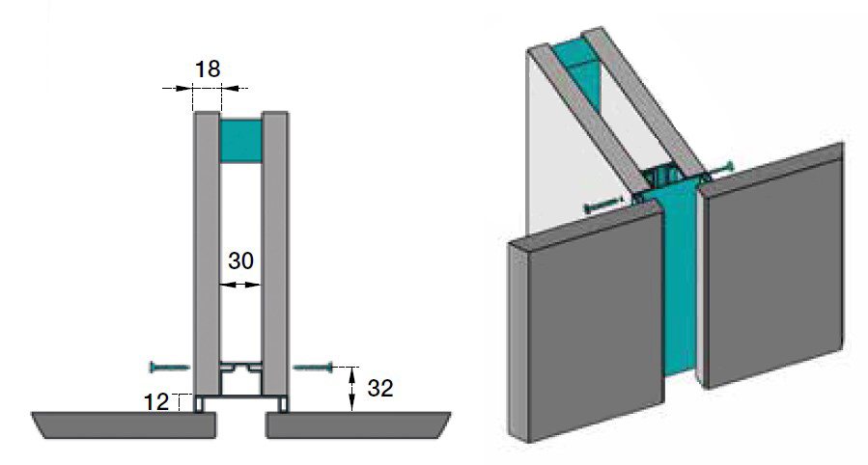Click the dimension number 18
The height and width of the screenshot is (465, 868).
(207, 68)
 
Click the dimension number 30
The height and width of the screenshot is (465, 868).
(241, 260)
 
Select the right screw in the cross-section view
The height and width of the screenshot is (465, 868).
(313, 367)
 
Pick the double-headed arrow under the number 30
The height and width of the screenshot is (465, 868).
(240, 285)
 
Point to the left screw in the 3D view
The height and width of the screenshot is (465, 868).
(603, 205)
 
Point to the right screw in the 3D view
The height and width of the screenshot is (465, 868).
(722, 170)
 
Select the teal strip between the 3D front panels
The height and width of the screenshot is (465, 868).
(681, 289)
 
